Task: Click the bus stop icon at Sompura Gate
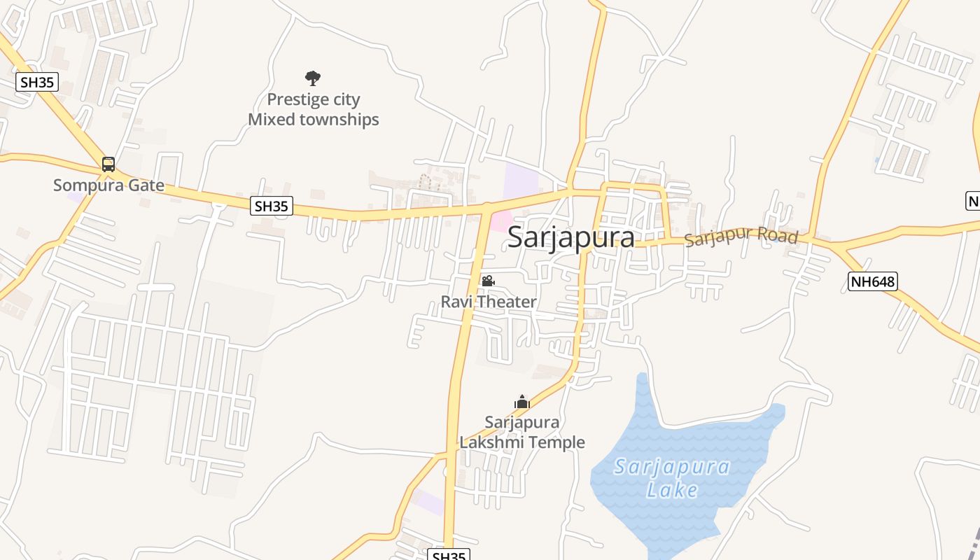coord(108,164)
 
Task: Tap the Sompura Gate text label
coord(108,185)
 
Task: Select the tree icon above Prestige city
coord(313,78)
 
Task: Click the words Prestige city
coord(313,99)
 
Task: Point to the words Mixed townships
coord(313,120)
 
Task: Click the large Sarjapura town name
coord(571,237)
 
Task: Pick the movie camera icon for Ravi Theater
coord(488,281)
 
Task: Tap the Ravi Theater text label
coord(488,302)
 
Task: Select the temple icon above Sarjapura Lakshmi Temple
coord(522,402)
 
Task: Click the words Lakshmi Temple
coord(522,442)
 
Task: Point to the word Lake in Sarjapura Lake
coord(672,489)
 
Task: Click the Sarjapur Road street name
coord(741,237)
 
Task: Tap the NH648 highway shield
coord(872,282)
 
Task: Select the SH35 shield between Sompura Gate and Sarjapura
coord(271,206)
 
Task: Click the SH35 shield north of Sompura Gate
coord(36,82)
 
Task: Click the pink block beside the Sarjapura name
coord(500,222)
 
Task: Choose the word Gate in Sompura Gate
coord(147,185)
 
